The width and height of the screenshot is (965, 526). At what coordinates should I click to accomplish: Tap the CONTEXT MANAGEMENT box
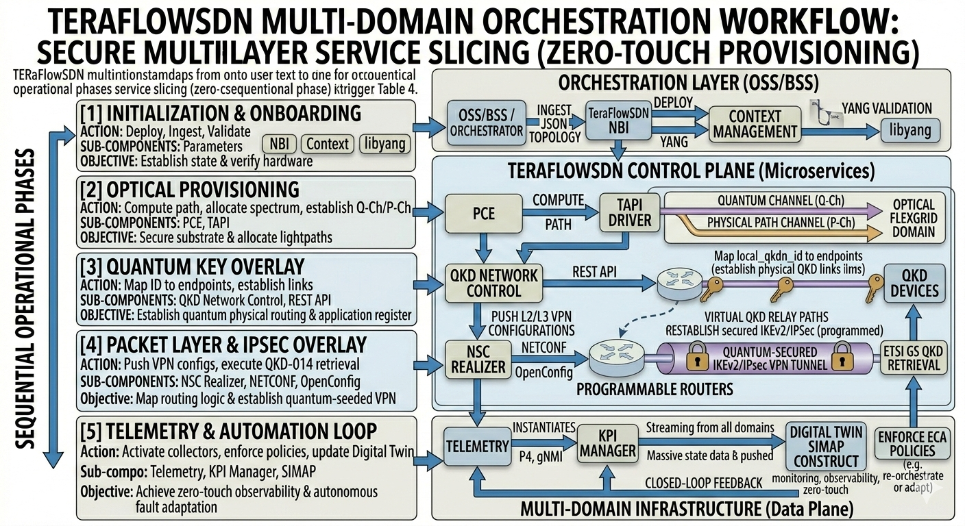754,124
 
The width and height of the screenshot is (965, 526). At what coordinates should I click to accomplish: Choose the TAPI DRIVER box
629,212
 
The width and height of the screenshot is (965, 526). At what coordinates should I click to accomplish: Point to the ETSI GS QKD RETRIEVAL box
912,358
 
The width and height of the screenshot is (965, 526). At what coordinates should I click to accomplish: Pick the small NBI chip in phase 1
278,144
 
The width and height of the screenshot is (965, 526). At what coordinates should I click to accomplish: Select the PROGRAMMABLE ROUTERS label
655,389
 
